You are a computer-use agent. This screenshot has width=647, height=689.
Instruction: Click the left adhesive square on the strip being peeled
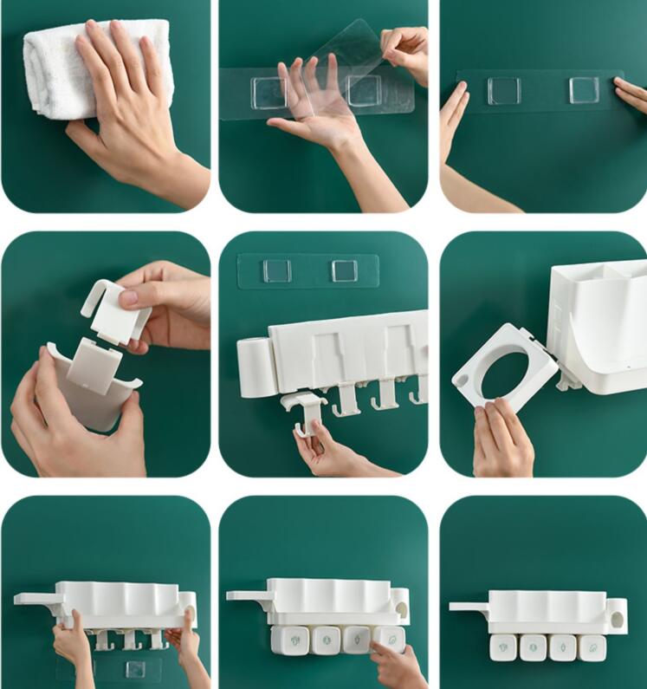[x=269, y=93]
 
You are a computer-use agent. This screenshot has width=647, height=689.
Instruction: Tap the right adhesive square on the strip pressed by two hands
[x=585, y=90]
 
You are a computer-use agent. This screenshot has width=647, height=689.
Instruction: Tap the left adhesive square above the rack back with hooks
[x=276, y=270]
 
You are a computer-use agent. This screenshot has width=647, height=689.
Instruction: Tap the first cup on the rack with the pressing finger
[x=289, y=640]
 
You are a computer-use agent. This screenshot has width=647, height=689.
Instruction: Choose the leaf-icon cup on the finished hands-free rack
[x=592, y=646]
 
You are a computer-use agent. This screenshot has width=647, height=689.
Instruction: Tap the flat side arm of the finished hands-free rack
[x=469, y=606]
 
